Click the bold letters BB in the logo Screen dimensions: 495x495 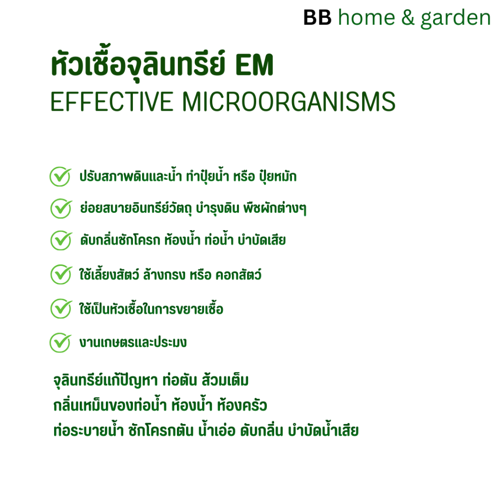pyautogui.click(x=317, y=17)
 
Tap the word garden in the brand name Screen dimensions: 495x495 pyautogui.click(x=455, y=19)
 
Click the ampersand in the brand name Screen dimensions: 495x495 pyautogui.click(x=408, y=18)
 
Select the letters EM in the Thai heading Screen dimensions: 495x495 pyautogui.click(x=254, y=65)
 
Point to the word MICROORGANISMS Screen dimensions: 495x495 pyautogui.click(x=289, y=102)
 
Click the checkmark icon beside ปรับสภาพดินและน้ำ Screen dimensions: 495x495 pyautogui.click(x=60, y=176)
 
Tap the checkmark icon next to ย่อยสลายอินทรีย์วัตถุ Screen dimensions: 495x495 pyautogui.click(x=61, y=208)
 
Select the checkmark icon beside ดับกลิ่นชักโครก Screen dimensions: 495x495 pyautogui.click(x=61, y=240)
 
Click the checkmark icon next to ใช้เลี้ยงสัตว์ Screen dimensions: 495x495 pyautogui.click(x=61, y=275)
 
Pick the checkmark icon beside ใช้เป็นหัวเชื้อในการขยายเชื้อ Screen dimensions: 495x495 pyautogui.click(x=61, y=308)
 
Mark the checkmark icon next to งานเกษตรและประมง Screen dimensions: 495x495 pyautogui.click(x=60, y=343)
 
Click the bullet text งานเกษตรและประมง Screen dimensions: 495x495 pyautogui.click(x=133, y=343)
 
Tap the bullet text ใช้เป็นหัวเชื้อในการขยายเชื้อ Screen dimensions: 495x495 pyautogui.click(x=151, y=308)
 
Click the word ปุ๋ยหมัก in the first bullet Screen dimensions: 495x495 pyautogui.click(x=278, y=176)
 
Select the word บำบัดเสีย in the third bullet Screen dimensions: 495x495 pyautogui.click(x=262, y=240)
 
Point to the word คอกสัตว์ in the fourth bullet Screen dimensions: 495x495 pyautogui.click(x=238, y=274)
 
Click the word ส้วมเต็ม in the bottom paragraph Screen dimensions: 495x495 pyautogui.click(x=225, y=380)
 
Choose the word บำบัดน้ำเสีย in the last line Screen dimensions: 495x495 pyautogui.click(x=323, y=430)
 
